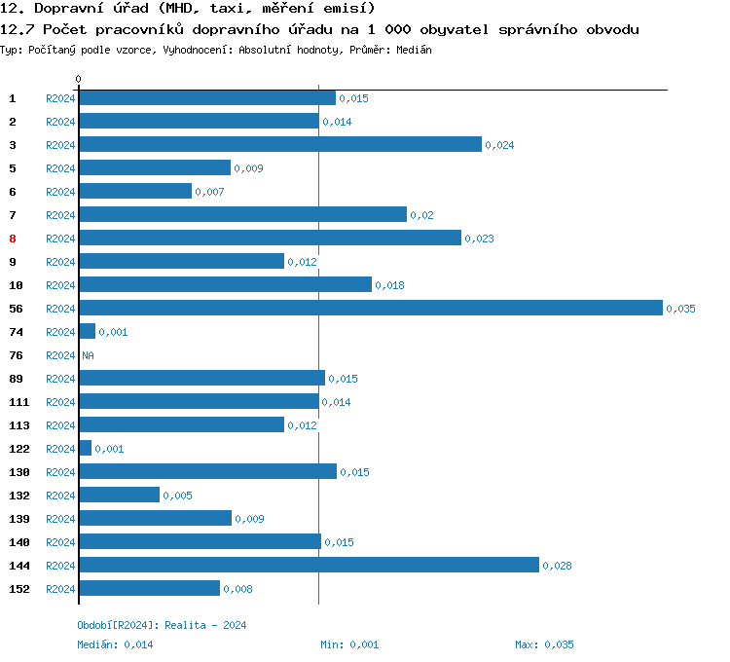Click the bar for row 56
(x=371, y=308)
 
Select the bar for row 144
(x=309, y=565)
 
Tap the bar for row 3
(x=280, y=144)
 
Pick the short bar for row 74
(x=88, y=331)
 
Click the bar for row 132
(x=119, y=495)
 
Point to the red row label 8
(x=13, y=239)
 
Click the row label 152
(x=18, y=589)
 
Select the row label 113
(x=18, y=425)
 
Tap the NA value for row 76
(x=88, y=355)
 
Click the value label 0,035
(x=680, y=309)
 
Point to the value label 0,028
(x=557, y=566)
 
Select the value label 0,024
(x=499, y=145)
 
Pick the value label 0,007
(x=209, y=192)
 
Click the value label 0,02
(x=421, y=215)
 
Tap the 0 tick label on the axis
(x=79, y=79)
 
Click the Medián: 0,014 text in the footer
(x=115, y=644)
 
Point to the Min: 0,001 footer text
(x=349, y=644)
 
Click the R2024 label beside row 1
(x=60, y=98)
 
